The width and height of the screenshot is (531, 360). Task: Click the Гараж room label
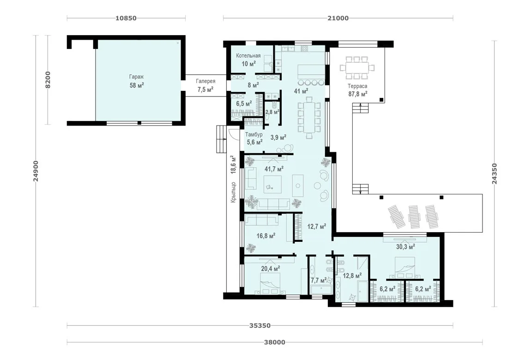click(x=136, y=77)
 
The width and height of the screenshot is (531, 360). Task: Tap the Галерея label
click(x=205, y=81)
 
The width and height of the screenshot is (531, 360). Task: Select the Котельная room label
click(x=248, y=56)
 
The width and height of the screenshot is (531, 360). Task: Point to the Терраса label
click(x=357, y=86)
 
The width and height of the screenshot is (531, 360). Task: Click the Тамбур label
click(x=253, y=134)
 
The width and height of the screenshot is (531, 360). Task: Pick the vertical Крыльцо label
click(x=233, y=192)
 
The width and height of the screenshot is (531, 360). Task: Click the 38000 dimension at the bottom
click(x=275, y=342)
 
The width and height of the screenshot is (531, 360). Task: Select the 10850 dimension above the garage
click(x=126, y=18)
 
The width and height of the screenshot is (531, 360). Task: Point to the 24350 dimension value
click(x=495, y=174)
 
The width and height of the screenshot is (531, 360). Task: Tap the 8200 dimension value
click(x=48, y=80)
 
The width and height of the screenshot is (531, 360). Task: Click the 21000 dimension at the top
click(x=338, y=18)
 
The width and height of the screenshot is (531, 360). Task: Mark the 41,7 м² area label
click(x=274, y=168)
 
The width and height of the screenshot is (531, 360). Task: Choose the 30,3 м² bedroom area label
click(x=406, y=247)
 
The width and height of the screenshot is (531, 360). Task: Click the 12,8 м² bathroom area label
click(x=352, y=276)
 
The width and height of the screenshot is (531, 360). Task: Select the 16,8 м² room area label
click(x=265, y=236)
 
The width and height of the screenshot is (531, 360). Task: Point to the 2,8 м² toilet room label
click(x=272, y=112)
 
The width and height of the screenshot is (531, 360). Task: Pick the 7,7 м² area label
click(x=319, y=280)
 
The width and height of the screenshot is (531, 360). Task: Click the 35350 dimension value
click(x=260, y=326)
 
